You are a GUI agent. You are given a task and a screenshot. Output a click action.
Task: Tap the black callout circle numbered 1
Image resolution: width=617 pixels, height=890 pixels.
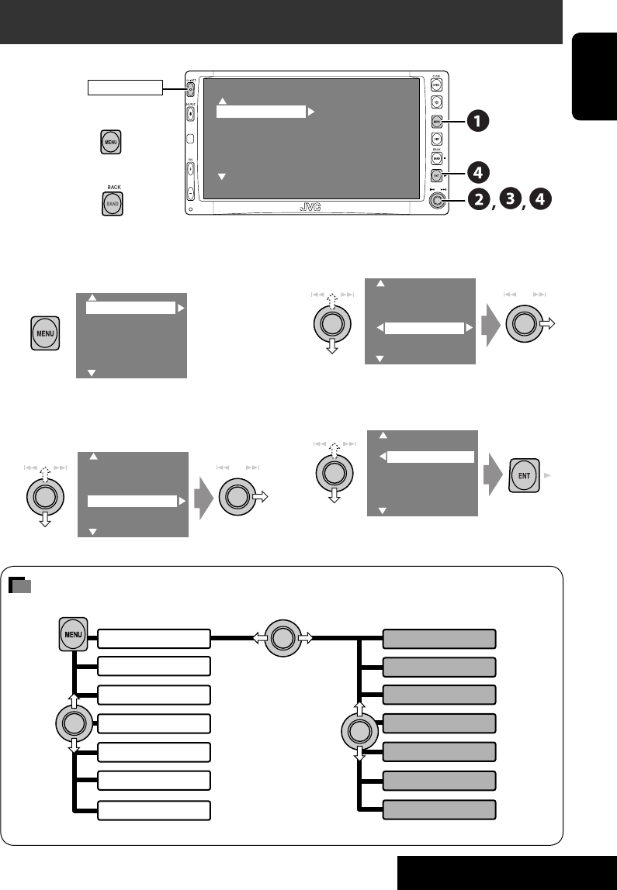pos(478,120)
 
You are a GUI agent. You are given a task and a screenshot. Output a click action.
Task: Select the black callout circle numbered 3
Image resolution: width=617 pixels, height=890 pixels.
pos(510,199)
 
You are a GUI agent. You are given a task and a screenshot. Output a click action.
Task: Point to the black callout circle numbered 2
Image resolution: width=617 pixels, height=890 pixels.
pos(479,199)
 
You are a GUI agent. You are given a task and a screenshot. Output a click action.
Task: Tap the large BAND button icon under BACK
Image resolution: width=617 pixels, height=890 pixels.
pos(113,202)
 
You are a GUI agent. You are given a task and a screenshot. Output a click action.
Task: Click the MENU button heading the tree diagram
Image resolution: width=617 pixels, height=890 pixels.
pos(74,638)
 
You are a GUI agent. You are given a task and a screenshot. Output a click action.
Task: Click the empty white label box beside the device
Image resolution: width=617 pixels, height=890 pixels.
pos(125,86)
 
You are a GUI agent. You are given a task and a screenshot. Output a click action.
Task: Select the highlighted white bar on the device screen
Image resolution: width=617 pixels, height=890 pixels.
pos(261,112)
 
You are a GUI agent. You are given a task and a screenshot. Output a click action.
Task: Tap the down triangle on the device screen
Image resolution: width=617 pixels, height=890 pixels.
pos(221,178)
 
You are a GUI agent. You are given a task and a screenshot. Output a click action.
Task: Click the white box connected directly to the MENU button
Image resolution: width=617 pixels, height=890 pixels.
pos(154,639)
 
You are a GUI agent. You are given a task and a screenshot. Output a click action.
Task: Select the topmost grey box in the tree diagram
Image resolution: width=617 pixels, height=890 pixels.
pos(439,639)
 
